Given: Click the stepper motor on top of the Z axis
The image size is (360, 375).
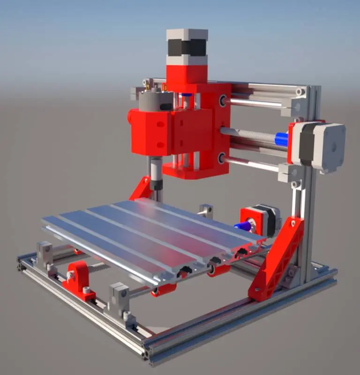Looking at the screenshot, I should [x=187, y=47].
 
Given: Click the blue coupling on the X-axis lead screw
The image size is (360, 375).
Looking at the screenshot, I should [x=281, y=139].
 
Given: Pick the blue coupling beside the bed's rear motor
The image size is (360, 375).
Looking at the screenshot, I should [x=242, y=226].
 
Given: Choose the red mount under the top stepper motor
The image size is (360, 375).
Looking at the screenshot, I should [x=187, y=77].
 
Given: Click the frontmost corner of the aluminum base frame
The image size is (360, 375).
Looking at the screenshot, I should [x=146, y=354].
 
